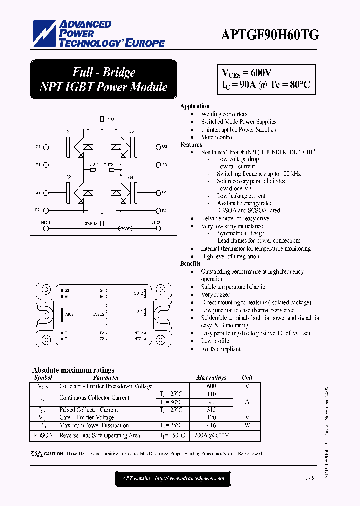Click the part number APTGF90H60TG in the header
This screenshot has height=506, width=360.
pyautogui.click(x=270, y=34)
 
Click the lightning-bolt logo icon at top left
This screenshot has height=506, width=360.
pyautogui.click(x=45, y=34)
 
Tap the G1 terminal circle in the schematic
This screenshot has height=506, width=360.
pyautogui.click(x=46, y=147)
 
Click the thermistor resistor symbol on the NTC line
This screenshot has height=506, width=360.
pyautogui.click(x=125, y=229)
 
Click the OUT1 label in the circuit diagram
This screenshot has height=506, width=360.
pyautogui.click(x=94, y=164)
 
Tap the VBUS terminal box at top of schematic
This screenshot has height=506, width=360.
pyautogui.click(x=102, y=119)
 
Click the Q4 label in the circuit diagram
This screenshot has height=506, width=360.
pyautogui.click(x=131, y=177)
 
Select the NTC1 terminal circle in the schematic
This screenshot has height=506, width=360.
pyautogui.click(x=46, y=229)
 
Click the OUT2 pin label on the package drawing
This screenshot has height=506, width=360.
pyautogui.click(x=138, y=293)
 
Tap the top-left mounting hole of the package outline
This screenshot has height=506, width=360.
pyautogui.click(x=46, y=289)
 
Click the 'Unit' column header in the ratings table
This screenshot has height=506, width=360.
pyautogui.click(x=247, y=378)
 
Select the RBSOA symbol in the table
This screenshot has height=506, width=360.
pyautogui.click(x=44, y=436)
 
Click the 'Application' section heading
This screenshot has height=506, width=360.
pyautogui.click(x=195, y=106)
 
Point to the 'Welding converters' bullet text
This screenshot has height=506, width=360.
pyautogui.click(x=224, y=114)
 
